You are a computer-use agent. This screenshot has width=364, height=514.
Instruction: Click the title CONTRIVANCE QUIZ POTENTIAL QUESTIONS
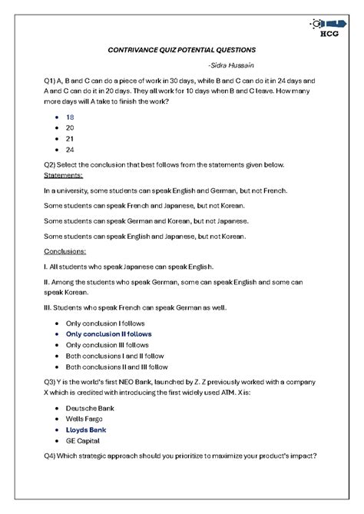pyautogui.click(x=181, y=48)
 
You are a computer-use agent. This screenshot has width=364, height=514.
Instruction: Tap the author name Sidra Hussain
pyautogui.click(x=232, y=64)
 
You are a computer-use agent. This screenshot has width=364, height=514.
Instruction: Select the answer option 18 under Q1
pyautogui.click(x=70, y=117)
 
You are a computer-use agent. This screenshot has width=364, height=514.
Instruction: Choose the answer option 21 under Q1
pyautogui.click(x=70, y=139)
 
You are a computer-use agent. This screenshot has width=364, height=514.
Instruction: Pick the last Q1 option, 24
pyautogui.click(x=70, y=150)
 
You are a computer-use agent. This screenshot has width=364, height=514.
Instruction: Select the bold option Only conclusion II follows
pyautogui.click(x=108, y=334)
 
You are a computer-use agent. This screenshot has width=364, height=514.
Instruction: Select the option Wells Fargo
pyautogui.click(x=84, y=419)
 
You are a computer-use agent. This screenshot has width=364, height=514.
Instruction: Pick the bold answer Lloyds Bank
pyautogui.click(x=86, y=429)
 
